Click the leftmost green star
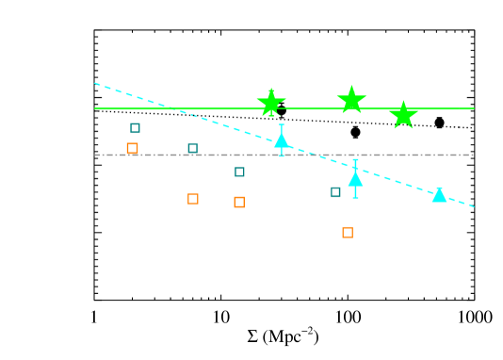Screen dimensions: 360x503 click(271, 102)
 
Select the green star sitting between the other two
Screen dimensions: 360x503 click(351, 100)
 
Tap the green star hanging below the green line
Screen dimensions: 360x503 click(403, 114)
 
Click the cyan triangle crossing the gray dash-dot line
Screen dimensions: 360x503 click(282, 140)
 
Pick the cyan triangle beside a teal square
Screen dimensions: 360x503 click(355, 178)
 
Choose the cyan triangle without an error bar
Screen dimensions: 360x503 click(439, 194)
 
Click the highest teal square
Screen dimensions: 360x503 click(135, 128)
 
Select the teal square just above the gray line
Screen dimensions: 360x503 click(192, 148)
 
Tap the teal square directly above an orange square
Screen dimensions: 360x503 click(239, 172)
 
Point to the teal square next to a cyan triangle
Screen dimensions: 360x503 click(335, 192)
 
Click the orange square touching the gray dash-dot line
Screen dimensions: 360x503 click(132, 148)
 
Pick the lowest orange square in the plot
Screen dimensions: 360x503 click(348, 232)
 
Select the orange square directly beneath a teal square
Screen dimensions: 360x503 click(239, 202)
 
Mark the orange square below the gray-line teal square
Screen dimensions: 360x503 click(193, 199)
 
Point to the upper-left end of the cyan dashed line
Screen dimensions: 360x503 click(95, 83)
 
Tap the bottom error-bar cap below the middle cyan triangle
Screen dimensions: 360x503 click(355, 197)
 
